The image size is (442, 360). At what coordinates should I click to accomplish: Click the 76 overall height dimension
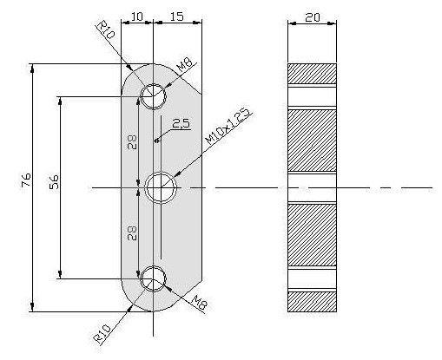[x=26, y=180]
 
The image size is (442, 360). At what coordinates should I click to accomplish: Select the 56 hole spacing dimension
[x=54, y=181]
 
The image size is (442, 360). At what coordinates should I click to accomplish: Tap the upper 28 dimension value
[x=132, y=142]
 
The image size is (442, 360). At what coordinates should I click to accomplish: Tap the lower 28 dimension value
[x=132, y=233]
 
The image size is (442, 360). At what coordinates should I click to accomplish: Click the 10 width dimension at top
[x=137, y=16]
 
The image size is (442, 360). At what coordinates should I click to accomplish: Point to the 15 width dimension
[x=176, y=16]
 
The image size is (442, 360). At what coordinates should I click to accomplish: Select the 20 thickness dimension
[x=313, y=18]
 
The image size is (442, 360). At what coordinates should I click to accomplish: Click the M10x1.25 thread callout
[x=228, y=127]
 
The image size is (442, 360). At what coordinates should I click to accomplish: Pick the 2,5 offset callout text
[x=181, y=123]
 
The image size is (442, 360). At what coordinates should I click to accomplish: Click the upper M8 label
[x=184, y=65]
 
